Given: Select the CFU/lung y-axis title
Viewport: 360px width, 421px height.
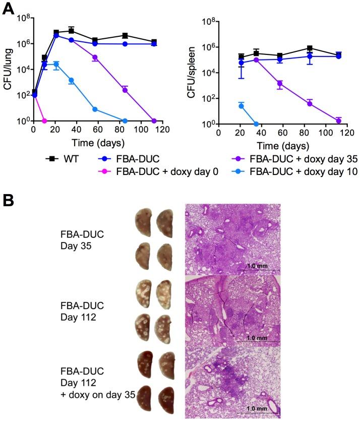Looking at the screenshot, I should point(8,70).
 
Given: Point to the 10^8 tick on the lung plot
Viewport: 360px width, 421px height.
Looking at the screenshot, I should point(23,18).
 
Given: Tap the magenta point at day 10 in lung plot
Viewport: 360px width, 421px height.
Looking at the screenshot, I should point(45,121).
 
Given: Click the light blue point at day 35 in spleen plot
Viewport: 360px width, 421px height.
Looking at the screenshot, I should point(256,124).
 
